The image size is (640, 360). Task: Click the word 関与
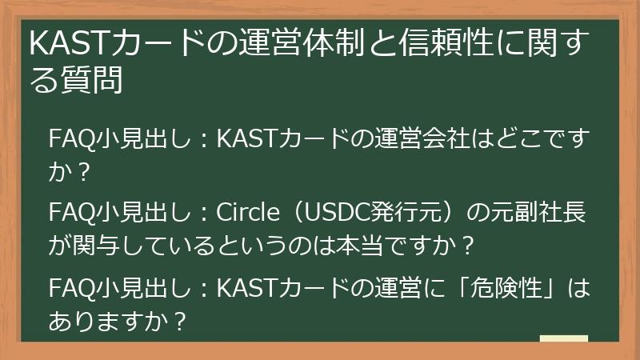[x=90, y=245]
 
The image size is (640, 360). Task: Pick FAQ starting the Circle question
[x=69, y=214]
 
